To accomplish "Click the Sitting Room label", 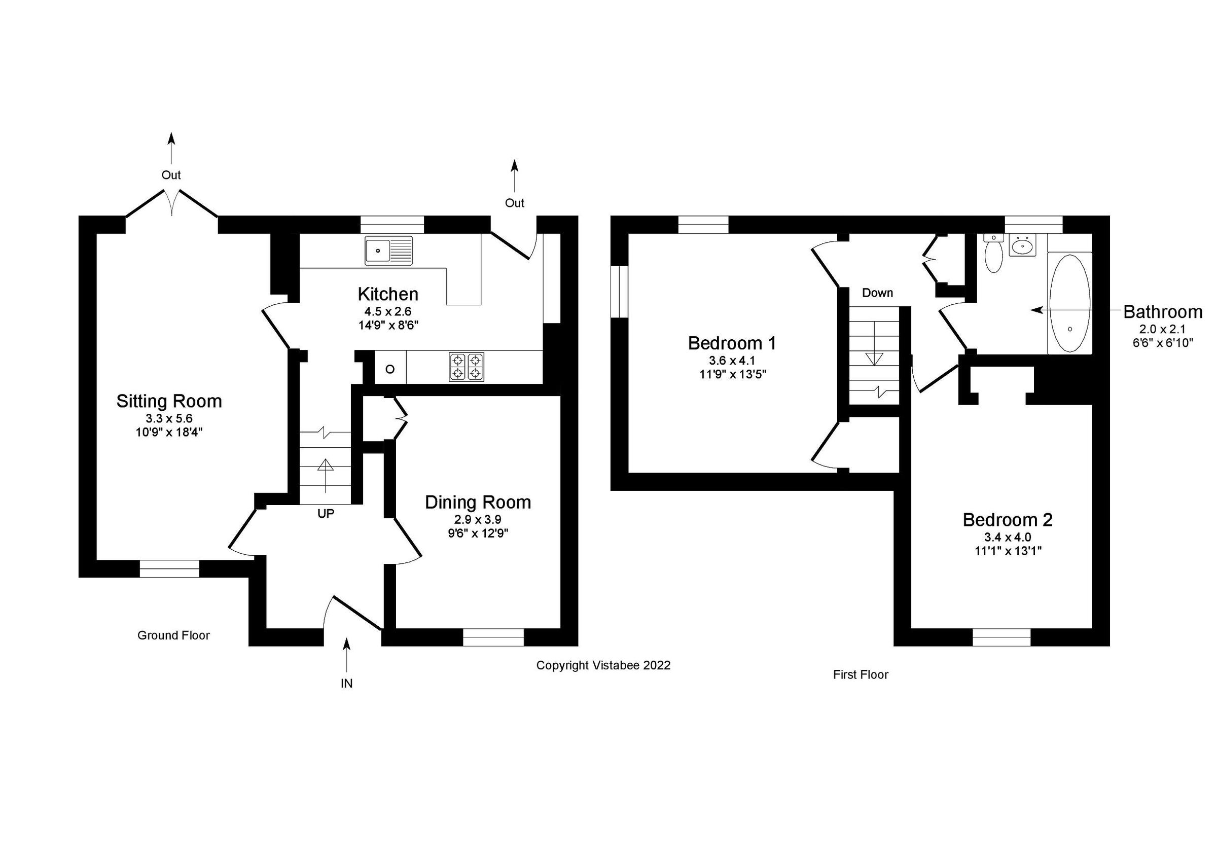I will tap(169, 401).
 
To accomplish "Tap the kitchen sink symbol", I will tap(388, 250).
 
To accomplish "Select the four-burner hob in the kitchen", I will tap(467, 367).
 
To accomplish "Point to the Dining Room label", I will tap(478, 502).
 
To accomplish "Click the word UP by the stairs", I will tap(326, 514).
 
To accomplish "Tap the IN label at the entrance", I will tap(346, 684).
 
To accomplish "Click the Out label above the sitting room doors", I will tap(171, 175).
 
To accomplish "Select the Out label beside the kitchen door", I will tap(514, 203).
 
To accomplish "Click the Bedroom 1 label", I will tap(732, 343).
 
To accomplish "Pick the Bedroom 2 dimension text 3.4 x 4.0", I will tap(1008, 538).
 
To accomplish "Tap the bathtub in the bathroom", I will tap(1069, 303).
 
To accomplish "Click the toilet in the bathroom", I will tap(993, 255).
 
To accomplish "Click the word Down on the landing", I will tap(877, 293).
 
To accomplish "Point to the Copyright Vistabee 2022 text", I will tap(603, 665).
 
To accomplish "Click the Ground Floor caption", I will tap(173, 635).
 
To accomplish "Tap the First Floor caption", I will tap(861, 674).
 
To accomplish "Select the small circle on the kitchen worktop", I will tap(390, 369).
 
